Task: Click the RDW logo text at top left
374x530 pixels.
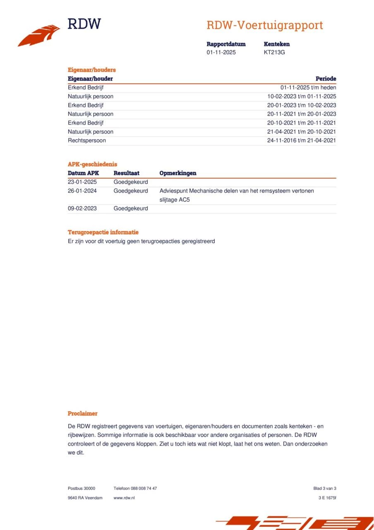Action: pyautogui.click(x=84, y=24)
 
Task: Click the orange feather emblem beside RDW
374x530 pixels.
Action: pyautogui.click(x=39, y=36)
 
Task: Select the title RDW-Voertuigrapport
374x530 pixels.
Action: pyautogui.click(x=265, y=25)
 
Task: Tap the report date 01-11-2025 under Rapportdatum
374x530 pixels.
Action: pyautogui.click(x=221, y=53)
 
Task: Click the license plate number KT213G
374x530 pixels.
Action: pyautogui.click(x=274, y=53)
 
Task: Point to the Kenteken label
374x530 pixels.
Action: pyautogui.click(x=276, y=44)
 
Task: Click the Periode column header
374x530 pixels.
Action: pyautogui.click(x=326, y=79)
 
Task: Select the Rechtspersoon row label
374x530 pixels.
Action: pyautogui.click(x=87, y=140)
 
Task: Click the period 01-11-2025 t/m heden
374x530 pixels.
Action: pyautogui.click(x=308, y=87)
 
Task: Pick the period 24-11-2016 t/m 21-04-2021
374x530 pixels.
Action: pyautogui.click(x=302, y=140)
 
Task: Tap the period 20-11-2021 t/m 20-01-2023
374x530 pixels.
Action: pyautogui.click(x=302, y=114)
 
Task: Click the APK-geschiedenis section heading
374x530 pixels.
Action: pyautogui.click(x=92, y=164)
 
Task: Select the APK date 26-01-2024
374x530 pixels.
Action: pyautogui.click(x=82, y=191)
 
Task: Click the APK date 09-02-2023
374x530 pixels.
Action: pyautogui.click(x=82, y=208)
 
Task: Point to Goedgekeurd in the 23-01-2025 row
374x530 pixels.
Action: pyautogui.click(x=131, y=182)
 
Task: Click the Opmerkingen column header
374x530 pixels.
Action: pyautogui.click(x=178, y=173)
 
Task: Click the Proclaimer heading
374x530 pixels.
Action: pyautogui.click(x=83, y=413)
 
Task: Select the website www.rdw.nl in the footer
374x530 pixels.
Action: pyautogui.click(x=124, y=498)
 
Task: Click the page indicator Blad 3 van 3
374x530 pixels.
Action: pyautogui.click(x=325, y=488)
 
